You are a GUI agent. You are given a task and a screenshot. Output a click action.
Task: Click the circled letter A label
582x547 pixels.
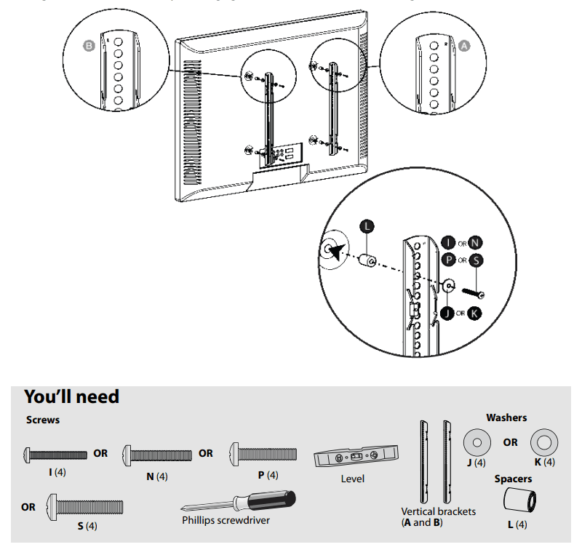click(463, 45)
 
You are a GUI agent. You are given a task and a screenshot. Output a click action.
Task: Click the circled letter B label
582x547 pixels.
click(89, 45)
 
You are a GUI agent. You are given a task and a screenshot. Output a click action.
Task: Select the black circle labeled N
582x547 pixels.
click(476, 243)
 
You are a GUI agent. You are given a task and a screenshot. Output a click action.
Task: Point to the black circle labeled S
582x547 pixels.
click(476, 260)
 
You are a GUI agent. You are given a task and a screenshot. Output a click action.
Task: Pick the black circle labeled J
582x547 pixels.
click(448, 314)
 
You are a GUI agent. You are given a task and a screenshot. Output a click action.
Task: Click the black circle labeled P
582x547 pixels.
click(448, 260)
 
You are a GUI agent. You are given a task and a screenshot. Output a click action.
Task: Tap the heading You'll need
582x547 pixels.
click(71, 396)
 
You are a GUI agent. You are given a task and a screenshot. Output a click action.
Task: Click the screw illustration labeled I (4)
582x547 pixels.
click(55, 454)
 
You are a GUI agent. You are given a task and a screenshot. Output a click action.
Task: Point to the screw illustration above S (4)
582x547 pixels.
click(84, 506)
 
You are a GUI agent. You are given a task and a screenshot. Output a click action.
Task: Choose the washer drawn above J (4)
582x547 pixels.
click(477, 442)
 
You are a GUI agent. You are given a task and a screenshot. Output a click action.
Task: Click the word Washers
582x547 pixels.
click(506, 418)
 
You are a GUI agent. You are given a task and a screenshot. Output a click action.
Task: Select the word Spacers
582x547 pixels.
click(513, 479)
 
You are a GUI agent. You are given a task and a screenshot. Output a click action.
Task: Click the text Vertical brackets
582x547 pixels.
click(439, 511)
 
